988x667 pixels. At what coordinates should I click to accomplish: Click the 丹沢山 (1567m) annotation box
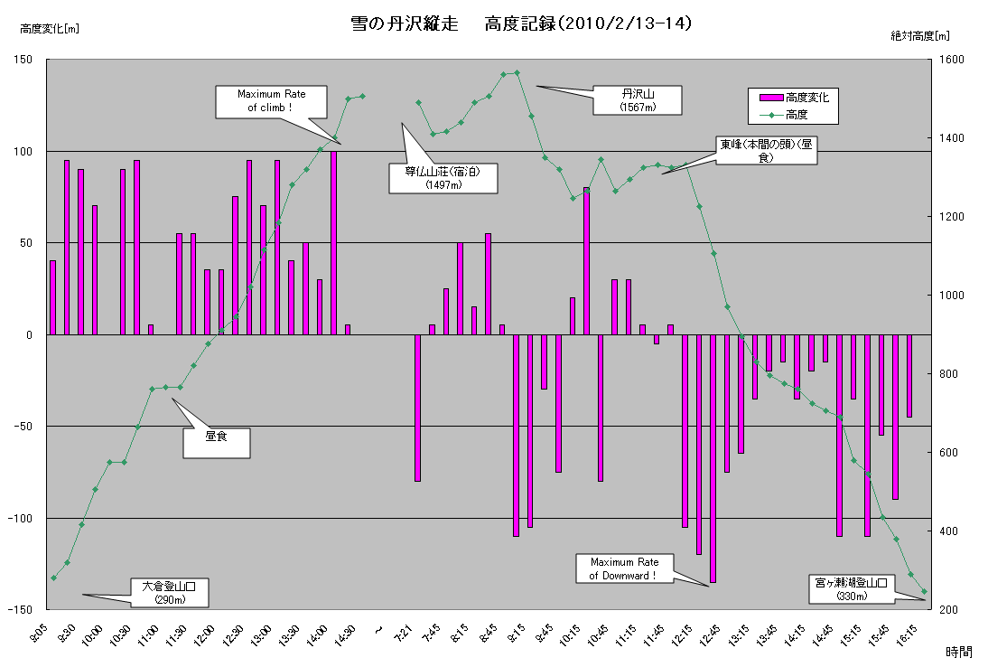[637, 100]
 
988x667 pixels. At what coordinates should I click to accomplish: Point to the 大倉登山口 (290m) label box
[170, 592]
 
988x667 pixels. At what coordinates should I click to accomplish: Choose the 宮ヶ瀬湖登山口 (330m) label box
[851, 588]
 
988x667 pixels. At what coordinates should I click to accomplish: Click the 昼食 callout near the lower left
[216, 442]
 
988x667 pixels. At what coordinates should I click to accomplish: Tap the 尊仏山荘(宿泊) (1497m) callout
[443, 178]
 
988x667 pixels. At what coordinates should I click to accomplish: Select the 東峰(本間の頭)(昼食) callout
[767, 150]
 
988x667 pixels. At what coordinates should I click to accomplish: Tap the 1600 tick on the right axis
[949, 61]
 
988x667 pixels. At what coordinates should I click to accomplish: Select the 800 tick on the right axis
[946, 374]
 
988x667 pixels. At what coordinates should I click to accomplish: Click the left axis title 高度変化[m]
[50, 28]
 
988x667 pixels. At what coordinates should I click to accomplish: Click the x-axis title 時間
[959, 651]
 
